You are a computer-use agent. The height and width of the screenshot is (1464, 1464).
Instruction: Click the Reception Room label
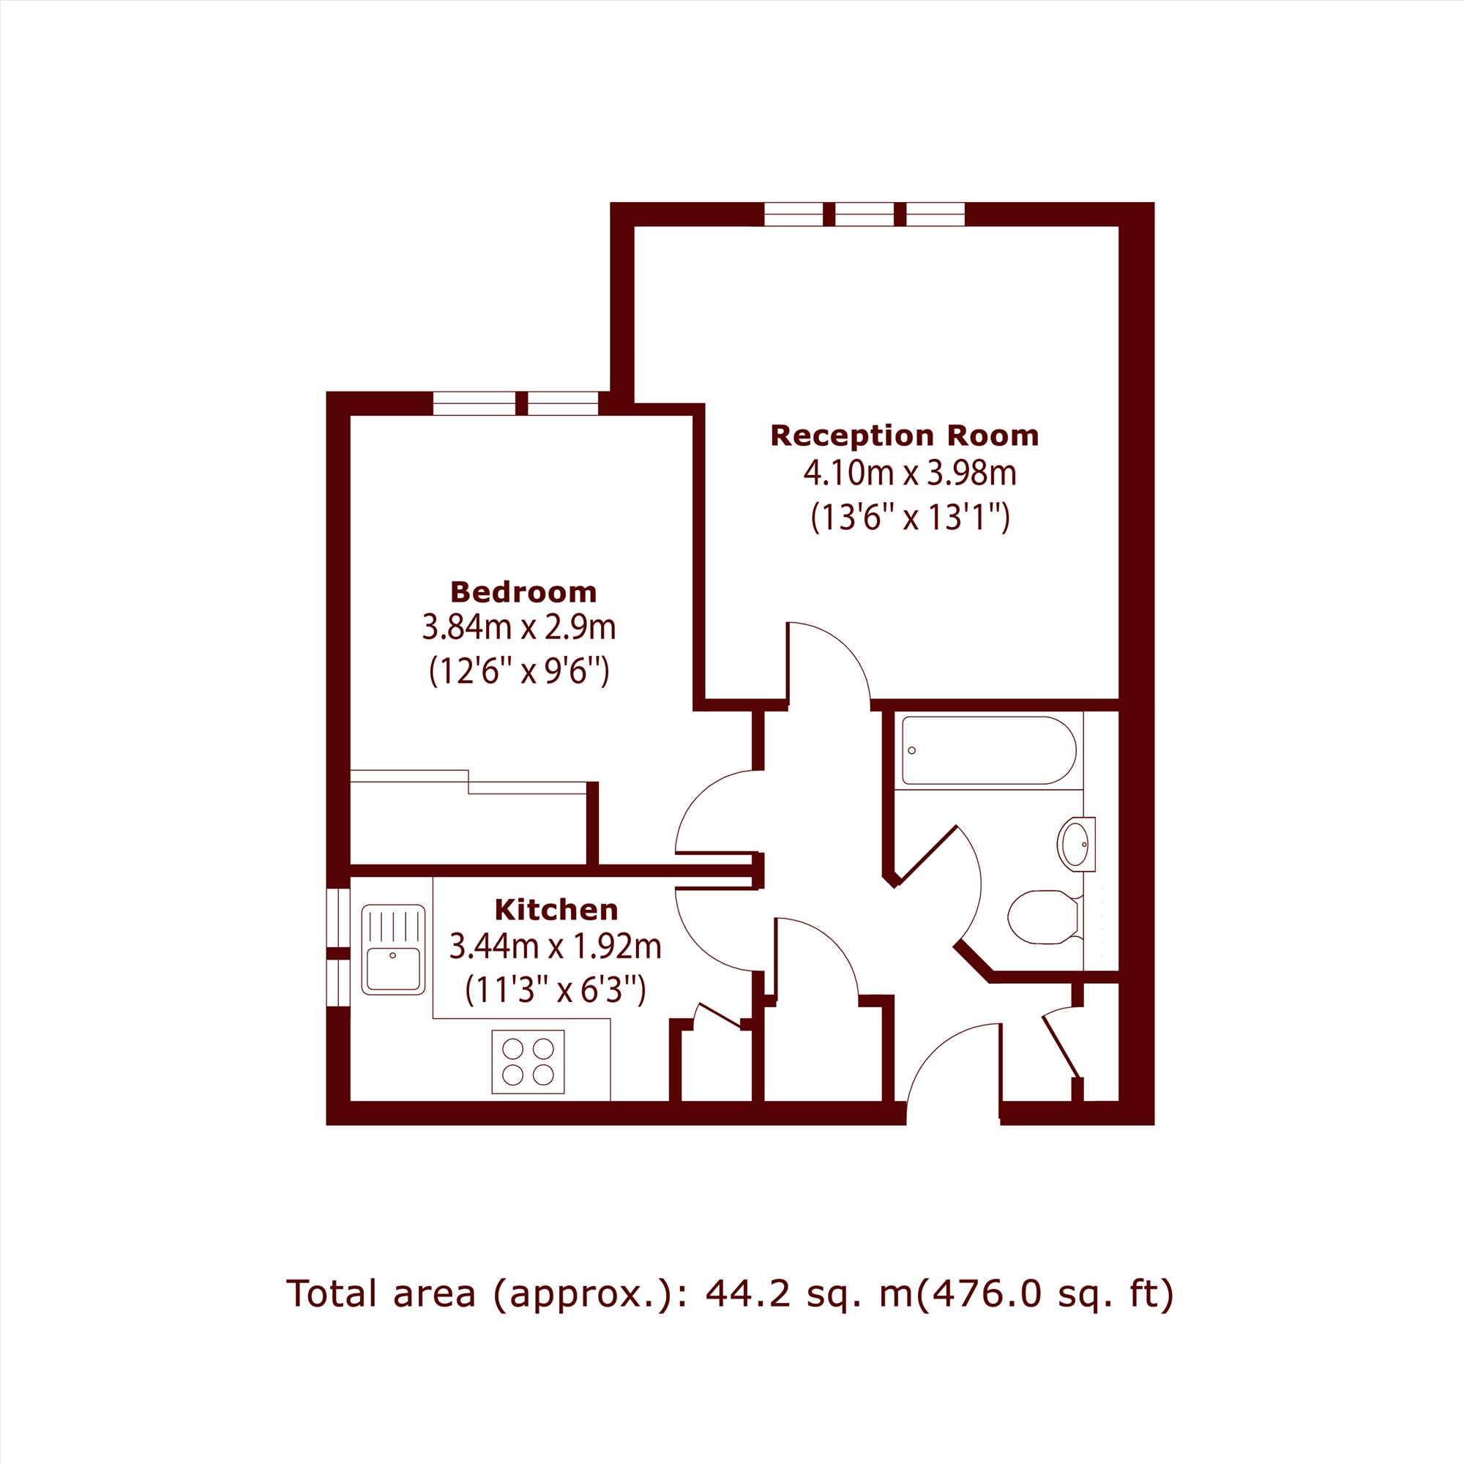(x=904, y=436)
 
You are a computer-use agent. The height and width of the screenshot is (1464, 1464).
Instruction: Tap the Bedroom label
(x=523, y=591)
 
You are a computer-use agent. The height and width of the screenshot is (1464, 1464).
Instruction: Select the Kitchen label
(x=556, y=909)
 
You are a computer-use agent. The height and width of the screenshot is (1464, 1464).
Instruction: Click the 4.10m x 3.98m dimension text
(x=909, y=474)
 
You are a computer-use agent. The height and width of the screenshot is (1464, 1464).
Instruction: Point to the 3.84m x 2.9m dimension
(x=519, y=627)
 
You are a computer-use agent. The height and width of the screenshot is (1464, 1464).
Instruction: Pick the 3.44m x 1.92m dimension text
(x=556, y=946)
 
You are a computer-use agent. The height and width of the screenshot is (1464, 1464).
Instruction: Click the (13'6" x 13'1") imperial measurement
(x=910, y=518)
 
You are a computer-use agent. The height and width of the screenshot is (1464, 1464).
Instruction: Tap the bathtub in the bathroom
(x=989, y=750)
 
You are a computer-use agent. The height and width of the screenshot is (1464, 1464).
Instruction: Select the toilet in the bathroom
(x=1045, y=917)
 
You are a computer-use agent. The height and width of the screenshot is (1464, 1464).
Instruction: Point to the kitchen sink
(x=393, y=949)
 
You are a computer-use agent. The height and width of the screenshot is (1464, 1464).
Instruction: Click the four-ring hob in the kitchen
(x=529, y=1061)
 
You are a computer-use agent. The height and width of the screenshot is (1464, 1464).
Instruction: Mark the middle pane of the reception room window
(x=864, y=214)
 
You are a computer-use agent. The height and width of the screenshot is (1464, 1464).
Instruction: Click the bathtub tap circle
(x=911, y=750)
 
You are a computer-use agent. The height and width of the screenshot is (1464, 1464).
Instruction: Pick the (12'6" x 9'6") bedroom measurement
(x=519, y=671)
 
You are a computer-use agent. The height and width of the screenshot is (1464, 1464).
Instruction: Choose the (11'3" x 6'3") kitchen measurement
(x=556, y=990)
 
